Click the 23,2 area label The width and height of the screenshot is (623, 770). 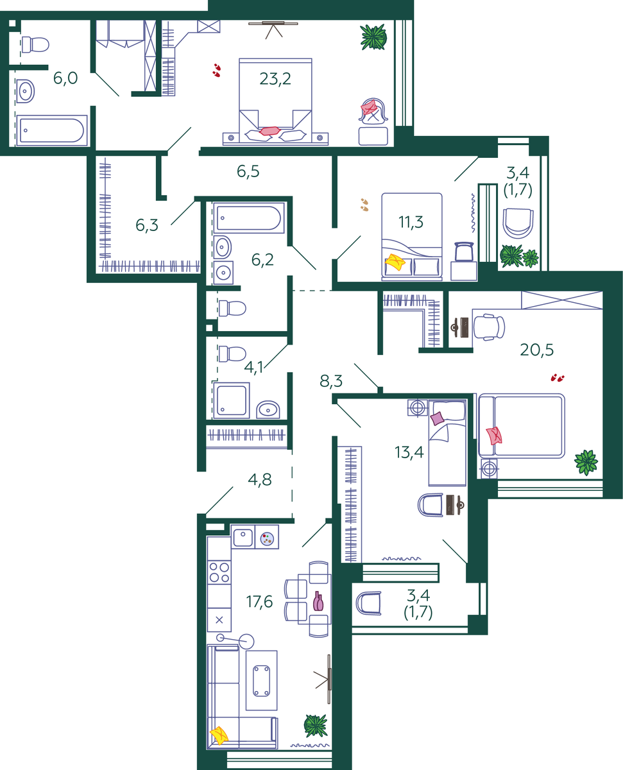coord(275,79)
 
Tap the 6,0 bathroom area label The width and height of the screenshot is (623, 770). coord(65,78)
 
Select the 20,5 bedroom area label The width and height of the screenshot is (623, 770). coord(536,350)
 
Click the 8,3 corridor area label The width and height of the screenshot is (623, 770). coord(331,381)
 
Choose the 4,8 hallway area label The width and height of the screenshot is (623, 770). coord(259,480)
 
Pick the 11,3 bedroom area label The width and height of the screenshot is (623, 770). coord(411,222)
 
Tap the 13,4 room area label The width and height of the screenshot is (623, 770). coord(409,452)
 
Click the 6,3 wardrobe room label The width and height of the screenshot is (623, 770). coord(147,225)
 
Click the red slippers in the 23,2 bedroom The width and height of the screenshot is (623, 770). coord(217,70)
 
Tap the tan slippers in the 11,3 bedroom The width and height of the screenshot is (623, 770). coord(364,205)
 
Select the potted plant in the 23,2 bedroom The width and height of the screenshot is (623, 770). coord(373,37)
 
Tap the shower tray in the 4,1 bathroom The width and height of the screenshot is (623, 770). coord(231,400)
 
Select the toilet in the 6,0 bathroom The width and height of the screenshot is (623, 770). coord(35,45)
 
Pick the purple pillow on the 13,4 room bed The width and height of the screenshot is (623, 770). coord(438,418)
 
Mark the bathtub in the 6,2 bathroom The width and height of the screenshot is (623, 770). coord(248,218)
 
